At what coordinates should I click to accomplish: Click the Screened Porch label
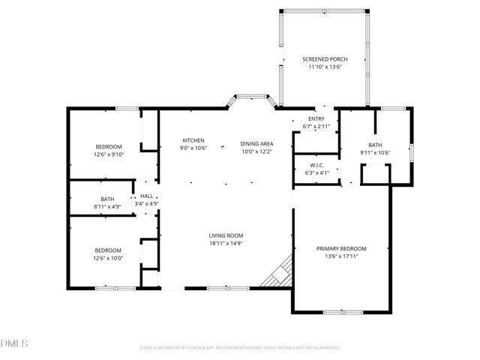coord(325,58)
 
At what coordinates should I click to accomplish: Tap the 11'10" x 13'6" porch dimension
coord(325,67)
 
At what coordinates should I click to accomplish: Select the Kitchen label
coord(193,140)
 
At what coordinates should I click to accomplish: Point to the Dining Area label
coord(256,143)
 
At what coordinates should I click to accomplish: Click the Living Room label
coord(226,235)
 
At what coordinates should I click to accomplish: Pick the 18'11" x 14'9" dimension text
coord(226,243)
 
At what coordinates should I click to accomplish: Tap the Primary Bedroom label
coord(341,248)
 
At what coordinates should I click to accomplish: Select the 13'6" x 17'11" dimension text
coord(341,256)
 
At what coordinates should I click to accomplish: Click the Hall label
coord(146,196)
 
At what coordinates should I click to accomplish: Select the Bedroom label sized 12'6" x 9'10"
coord(108,146)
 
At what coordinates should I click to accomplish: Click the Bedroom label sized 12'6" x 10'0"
coord(108,250)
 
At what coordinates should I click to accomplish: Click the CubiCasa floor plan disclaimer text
coord(240,348)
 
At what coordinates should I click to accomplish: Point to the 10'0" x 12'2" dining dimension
coord(256,151)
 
